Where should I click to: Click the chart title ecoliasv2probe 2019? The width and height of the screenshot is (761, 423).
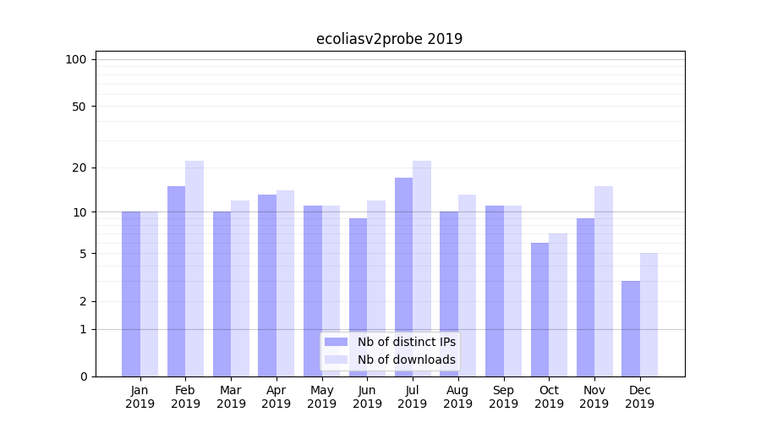click(389, 39)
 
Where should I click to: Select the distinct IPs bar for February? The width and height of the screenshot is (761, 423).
click(176, 281)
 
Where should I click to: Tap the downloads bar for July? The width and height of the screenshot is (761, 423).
click(422, 268)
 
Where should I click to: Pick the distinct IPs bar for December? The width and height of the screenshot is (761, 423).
click(631, 328)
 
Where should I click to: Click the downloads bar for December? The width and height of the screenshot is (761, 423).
click(649, 315)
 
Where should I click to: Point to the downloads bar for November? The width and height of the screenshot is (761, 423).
click(604, 281)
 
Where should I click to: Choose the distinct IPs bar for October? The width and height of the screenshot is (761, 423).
click(539, 310)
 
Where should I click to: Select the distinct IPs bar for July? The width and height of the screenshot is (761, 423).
click(403, 277)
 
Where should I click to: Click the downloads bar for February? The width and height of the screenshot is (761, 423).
click(194, 268)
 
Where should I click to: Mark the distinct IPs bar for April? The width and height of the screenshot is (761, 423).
click(267, 285)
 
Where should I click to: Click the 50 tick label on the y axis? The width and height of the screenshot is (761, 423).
click(79, 107)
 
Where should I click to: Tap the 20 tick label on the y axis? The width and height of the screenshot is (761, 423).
click(79, 168)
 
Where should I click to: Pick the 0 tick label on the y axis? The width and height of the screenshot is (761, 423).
click(83, 376)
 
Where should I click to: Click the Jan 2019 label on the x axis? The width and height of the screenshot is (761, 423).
click(140, 397)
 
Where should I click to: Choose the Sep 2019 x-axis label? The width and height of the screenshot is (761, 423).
click(503, 397)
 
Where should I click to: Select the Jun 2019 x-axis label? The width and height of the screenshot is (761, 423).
click(367, 397)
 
